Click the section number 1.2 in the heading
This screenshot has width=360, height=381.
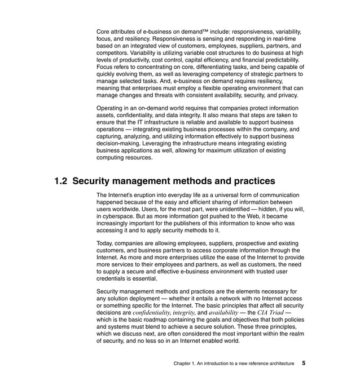point(61,181)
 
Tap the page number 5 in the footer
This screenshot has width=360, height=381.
point(304,364)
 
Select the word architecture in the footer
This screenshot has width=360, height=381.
point(278,364)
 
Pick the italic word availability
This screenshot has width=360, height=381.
point(223,312)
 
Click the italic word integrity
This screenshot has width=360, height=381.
point(183,312)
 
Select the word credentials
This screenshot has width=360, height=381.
point(115,278)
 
